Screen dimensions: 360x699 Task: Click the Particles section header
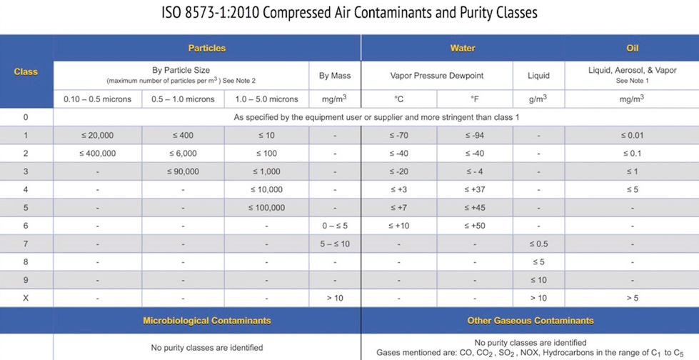pyautogui.click(x=206, y=48)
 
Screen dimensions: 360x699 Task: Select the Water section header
pyautogui.click(x=462, y=48)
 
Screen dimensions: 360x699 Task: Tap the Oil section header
pyautogui.click(x=632, y=48)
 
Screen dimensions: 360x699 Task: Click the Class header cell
pyautogui.click(x=26, y=71)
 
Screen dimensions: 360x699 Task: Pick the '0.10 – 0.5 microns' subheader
pyautogui.click(x=97, y=99)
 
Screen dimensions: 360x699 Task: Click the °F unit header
pyautogui.click(x=474, y=99)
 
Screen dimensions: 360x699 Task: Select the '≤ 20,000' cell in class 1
pyautogui.click(x=97, y=136)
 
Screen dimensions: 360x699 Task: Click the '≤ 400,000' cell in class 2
pyautogui.click(x=97, y=154)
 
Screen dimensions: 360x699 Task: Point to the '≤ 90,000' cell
pyautogui.click(x=183, y=172)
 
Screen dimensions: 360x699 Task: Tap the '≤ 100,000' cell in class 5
pyautogui.click(x=266, y=208)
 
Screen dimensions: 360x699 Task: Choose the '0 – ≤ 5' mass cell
pyautogui.click(x=334, y=226)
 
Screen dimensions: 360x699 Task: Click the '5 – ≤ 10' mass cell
pyautogui.click(x=334, y=244)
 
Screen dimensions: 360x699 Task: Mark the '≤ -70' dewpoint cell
pyautogui.click(x=399, y=136)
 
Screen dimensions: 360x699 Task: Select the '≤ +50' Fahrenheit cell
pyautogui.click(x=474, y=226)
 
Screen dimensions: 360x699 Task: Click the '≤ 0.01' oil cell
pyautogui.click(x=632, y=136)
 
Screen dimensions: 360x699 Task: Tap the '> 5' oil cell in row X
pyautogui.click(x=632, y=298)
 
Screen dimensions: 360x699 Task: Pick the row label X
pyautogui.click(x=26, y=298)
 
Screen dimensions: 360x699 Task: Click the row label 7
pyautogui.click(x=26, y=244)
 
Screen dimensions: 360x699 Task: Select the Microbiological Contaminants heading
pyautogui.click(x=206, y=321)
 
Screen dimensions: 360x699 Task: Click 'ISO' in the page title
pyautogui.click(x=173, y=13)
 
